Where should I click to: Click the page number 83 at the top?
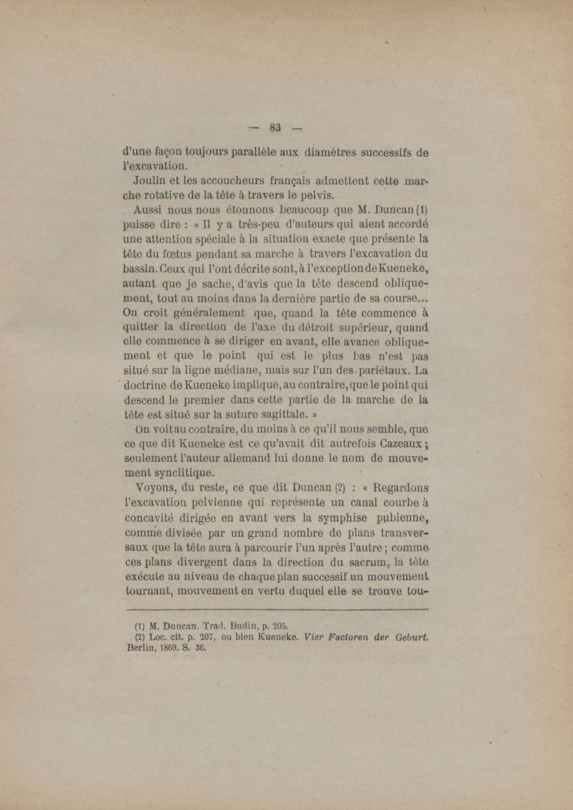[x=276, y=127]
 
